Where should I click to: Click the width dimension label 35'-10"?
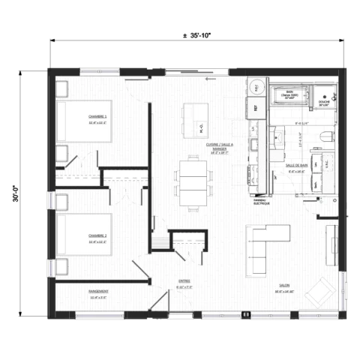point(199,35)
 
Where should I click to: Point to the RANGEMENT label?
point(98,291)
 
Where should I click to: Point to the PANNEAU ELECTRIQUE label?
point(261,202)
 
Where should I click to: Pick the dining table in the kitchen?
point(193,181)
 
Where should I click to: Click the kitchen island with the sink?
point(193,120)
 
